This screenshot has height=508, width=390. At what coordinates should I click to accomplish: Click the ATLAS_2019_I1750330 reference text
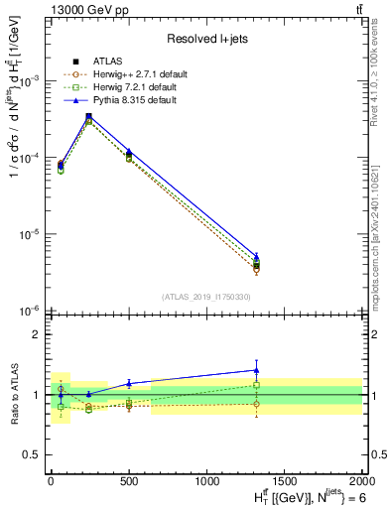coord(204,297)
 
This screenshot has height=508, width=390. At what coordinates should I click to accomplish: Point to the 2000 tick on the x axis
coord(361,480)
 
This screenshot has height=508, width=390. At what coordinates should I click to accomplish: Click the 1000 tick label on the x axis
coord(205,480)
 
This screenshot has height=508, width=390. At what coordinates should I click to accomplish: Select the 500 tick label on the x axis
coord(128,480)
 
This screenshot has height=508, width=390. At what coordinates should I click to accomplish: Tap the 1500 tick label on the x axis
coord(284,480)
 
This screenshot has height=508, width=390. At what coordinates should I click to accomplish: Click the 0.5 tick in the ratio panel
coord(33,454)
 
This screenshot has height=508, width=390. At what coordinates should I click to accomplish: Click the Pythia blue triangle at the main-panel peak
coord(89,116)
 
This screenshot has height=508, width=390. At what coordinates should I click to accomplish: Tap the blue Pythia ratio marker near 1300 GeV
coord(257,370)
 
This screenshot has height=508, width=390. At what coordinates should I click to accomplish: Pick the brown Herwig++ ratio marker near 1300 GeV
coord(257,404)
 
